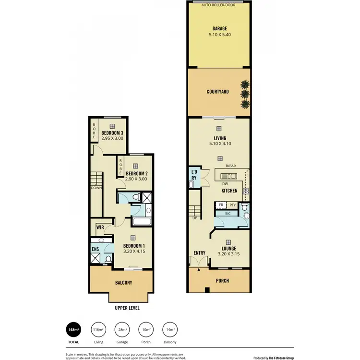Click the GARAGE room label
(x=219, y=28)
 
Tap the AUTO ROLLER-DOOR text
(x=219, y=5)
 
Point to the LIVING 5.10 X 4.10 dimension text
(x=219, y=143)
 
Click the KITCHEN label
(x=229, y=191)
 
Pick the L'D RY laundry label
(x=194, y=175)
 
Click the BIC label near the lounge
(x=228, y=213)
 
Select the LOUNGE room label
(x=228, y=249)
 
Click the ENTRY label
(x=199, y=253)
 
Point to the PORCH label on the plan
(x=222, y=281)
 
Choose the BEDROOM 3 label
(x=112, y=133)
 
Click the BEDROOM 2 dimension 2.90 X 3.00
(x=135, y=179)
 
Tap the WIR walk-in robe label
(x=100, y=227)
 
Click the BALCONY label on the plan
(x=123, y=283)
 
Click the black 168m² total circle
(x=73, y=330)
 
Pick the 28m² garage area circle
(x=122, y=330)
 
